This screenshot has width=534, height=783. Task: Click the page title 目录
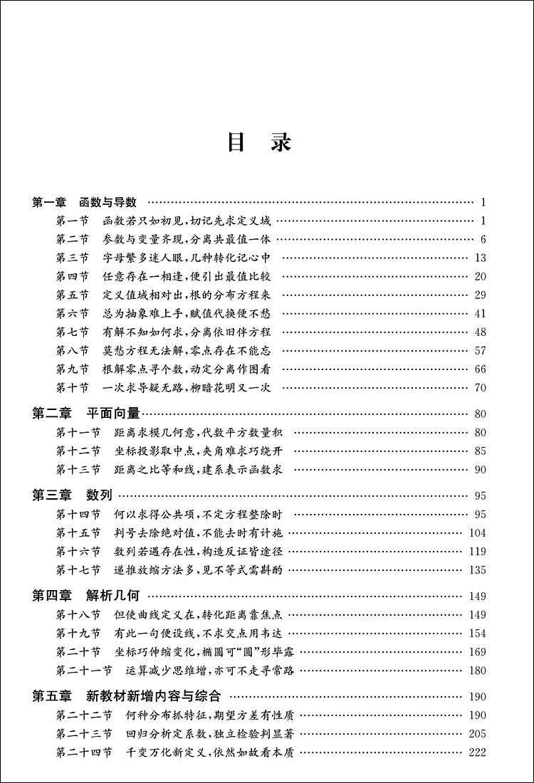pyautogui.click(x=259, y=142)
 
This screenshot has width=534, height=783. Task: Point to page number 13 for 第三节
pyautogui.click(x=480, y=258)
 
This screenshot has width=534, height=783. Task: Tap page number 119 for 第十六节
pyautogui.click(x=478, y=551)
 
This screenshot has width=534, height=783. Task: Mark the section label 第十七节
pyautogui.click(x=78, y=569)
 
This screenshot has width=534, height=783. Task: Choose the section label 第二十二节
pyautogui.click(x=84, y=715)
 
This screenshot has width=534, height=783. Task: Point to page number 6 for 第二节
pyautogui.click(x=483, y=239)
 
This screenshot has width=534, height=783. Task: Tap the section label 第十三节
pyautogui.click(x=78, y=469)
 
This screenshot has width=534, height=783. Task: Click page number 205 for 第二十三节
pyautogui.click(x=478, y=735)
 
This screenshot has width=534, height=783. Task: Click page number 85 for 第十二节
pyautogui.click(x=480, y=451)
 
